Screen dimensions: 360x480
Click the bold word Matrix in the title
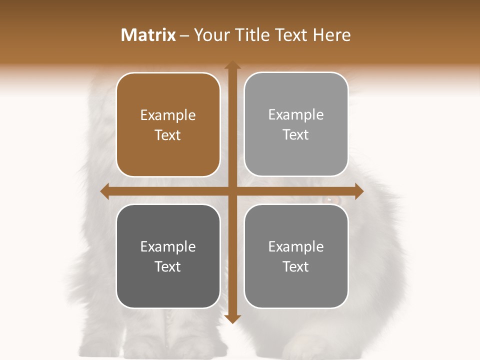point(148,35)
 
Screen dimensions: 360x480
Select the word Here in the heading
point(331,35)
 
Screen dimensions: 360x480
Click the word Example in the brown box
point(168,115)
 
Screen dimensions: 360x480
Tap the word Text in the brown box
point(168,135)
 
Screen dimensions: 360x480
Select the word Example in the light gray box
point(296,115)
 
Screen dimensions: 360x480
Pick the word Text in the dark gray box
point(168,266)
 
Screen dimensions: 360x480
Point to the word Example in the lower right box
point(296,246)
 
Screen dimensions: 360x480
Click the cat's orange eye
point(330,200)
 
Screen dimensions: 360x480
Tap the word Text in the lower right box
point(296,266)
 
